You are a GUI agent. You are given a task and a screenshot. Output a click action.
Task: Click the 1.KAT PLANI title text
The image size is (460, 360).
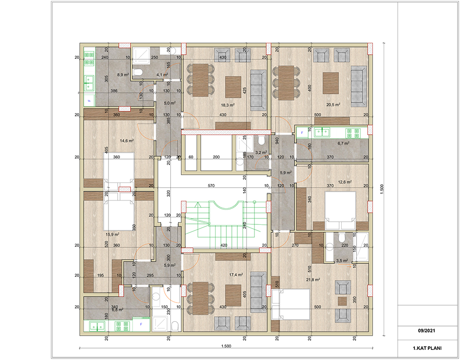pyautogui.click(x=427, y=348)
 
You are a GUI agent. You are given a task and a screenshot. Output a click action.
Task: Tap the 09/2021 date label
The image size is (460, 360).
pyautogui.click(x=426, y=331)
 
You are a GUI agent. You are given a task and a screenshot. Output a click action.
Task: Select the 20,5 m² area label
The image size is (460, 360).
pyautogui.click(x=333, y=104)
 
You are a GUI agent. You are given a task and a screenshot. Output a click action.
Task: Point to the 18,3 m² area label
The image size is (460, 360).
pyautogui.click(x=228, y=105)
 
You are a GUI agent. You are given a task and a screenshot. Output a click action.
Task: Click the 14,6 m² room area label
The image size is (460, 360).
pyautogui.click(x=127, y=141)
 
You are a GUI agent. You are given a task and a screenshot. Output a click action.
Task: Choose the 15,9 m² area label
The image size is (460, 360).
pyautogui.click(x=112, y=234)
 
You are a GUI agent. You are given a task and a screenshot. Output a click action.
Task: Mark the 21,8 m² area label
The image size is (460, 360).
pyautogui.click(x=313, y=280)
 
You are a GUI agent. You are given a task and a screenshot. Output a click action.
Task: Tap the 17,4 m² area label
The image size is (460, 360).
pyautogui.click(x=236, y=274)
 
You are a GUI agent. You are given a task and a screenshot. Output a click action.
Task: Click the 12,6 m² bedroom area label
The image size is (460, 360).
pyautogui.click(x=345, y=182)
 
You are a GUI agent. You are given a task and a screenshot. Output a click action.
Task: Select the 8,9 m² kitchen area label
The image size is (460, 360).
pyautogui.click(x=123, y=75)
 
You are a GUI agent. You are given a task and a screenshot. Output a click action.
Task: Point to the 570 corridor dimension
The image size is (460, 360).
pyautogui.click(x=211, y=186)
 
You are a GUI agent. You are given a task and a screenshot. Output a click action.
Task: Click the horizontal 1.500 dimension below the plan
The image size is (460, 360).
pyautogui.click(x=226, y=346)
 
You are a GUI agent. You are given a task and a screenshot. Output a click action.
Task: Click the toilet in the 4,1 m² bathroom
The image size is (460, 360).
pyautogui.click(x=138, y=72)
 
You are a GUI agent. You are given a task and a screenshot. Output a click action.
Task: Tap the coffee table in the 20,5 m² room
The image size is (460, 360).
pyautogui.click(x=331, y=83)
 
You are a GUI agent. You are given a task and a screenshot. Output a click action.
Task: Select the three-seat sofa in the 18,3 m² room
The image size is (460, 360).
pyautogui.click(x=258, y=90)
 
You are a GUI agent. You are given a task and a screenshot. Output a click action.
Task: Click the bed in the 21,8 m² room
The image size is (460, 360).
pyautogui.click(x=291, y=304)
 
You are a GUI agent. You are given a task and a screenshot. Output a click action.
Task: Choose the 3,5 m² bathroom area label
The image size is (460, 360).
pyautogui.click(x=342, y=260)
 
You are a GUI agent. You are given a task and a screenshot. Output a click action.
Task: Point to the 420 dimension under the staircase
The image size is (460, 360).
pyautogui.click(x=224, y=246)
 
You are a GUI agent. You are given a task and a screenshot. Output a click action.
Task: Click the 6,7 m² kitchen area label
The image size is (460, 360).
pyautogui.click(x=343, y=143)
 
